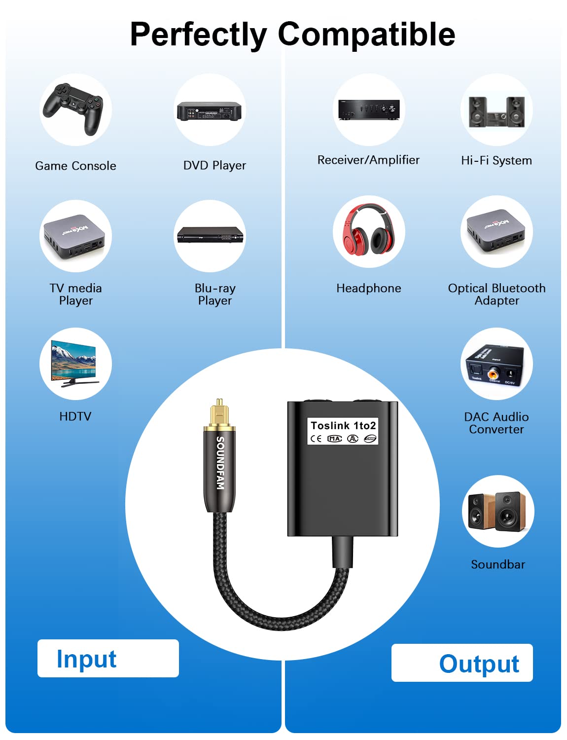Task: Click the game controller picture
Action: [74, 109]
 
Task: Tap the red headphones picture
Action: [368, 230]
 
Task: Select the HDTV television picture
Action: [75, 363]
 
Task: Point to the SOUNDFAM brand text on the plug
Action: [220, 463]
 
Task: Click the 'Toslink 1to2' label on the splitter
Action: [343, 426]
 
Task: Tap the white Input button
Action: [108, 658]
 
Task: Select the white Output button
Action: [462, 663]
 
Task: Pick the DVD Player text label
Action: [214, 165]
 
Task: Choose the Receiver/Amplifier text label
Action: [368, 160]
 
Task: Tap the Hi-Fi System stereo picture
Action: [496, 111]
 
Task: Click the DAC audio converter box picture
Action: [496, 366]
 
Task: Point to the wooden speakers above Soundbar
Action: [497, 511]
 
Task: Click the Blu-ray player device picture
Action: [210, 235]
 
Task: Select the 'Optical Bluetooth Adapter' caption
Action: [496, 294]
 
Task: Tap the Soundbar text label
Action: [497, 564]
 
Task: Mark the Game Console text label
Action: [75, 166]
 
